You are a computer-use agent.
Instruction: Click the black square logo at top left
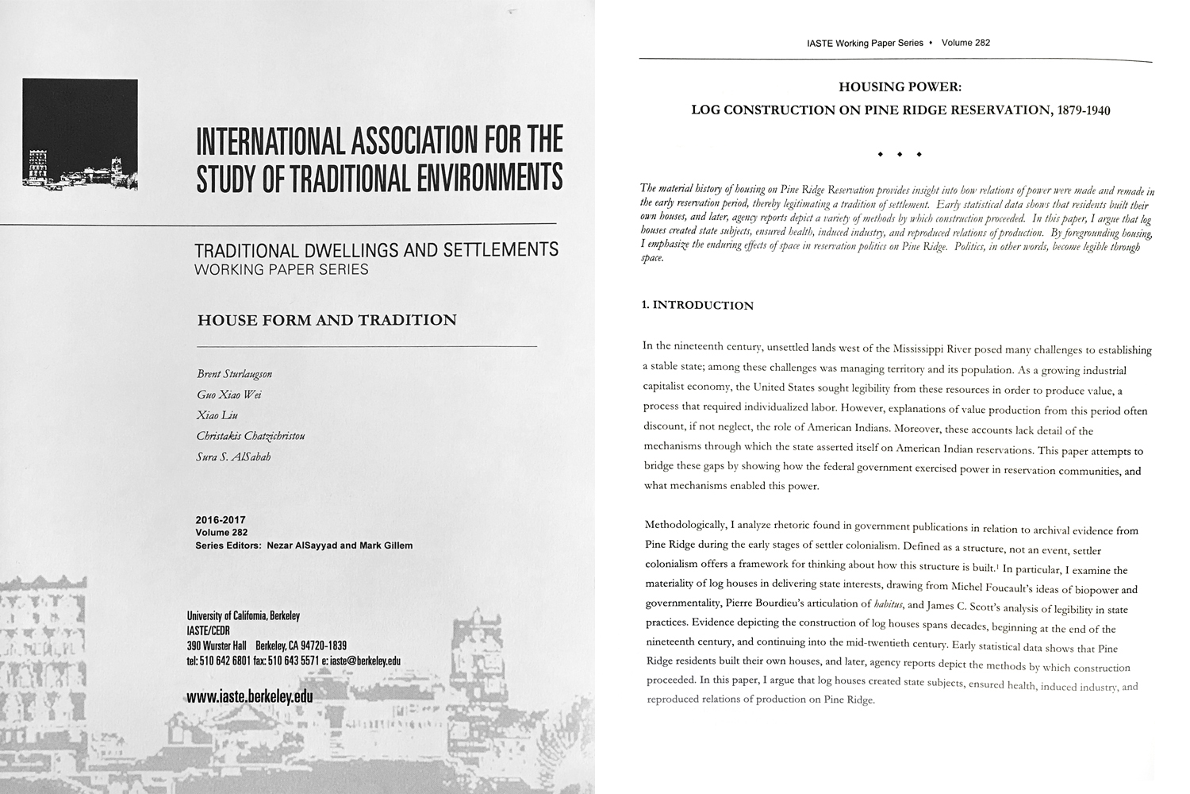(x=80, y=133)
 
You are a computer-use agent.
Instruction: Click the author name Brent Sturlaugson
(x=234, y=374)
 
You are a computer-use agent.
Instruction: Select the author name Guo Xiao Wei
(x=229, y=395)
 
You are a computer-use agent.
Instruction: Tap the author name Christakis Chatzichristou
(x=251, y=436)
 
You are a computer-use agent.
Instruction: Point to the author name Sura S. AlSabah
(x=233, y=457)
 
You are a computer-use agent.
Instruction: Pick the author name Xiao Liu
(x=217, y=415)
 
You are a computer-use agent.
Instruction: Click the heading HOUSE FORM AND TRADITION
(x=327, y=321)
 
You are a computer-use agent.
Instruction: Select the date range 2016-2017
(x=220, y=520)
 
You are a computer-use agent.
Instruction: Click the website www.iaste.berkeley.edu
(x=249, y=696)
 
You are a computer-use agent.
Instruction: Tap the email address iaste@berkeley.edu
(x=366, y=661)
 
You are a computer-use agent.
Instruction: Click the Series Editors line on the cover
(x=304, y=545)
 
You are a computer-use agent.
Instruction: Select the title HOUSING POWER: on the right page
(x=900, y=87)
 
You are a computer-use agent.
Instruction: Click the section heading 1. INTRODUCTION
(x=697, y=306)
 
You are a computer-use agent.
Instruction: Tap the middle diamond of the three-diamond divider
(x=900, y=154)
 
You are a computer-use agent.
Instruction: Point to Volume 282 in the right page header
(x=965, y=43)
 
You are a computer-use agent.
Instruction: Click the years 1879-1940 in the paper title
(x=1080, y=110)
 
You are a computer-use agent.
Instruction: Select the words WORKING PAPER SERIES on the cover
(x=282, y=270)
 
